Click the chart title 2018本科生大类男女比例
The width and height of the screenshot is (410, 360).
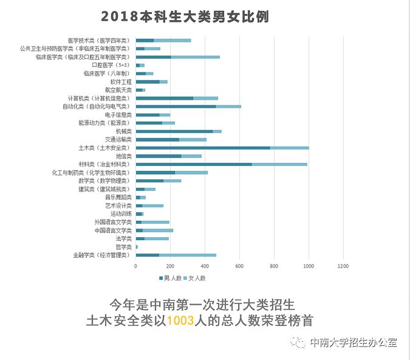[185, 16]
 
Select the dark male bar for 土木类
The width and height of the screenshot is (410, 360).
[203, 147]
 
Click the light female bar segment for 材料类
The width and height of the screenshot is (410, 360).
[279, 164]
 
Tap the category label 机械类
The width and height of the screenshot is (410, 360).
[123, 131]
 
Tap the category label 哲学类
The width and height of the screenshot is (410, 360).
[123, 247]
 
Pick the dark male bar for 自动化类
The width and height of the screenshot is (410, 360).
[176, 106]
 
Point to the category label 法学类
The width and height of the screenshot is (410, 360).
[123, 238]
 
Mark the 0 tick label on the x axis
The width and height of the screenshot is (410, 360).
[135, 266]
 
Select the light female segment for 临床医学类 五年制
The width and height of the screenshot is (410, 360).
[195, 57]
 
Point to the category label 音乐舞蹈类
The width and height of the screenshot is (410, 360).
[118, 197]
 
